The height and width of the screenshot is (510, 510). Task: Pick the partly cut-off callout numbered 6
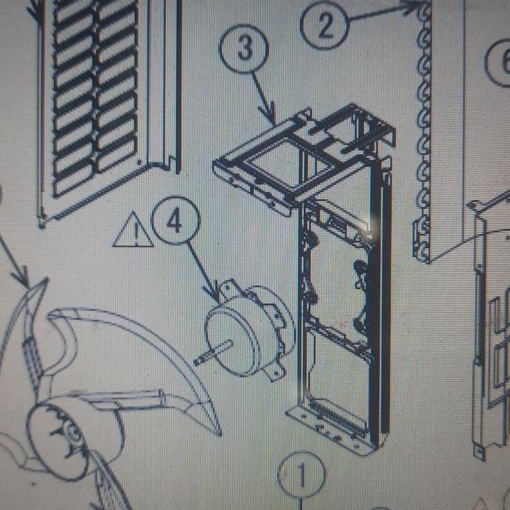(498, 57)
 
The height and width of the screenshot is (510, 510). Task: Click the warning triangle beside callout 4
(133, 232)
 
